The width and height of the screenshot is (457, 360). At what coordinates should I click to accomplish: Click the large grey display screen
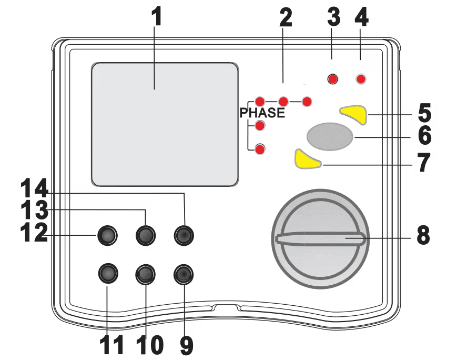[x=165, y=124]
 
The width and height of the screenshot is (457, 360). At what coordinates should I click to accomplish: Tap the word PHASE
[x=262, y=113]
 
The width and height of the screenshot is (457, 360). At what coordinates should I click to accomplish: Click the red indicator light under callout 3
[x=332, y=79]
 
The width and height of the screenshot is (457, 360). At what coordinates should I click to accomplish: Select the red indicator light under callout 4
[x=361, y=79]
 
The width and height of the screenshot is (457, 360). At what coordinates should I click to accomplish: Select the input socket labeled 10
[x=146, y=273]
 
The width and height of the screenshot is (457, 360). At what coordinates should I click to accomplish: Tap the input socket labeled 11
[x=108, y=273]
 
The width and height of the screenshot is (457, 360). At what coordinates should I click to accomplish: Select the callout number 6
[x=423, y=136]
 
